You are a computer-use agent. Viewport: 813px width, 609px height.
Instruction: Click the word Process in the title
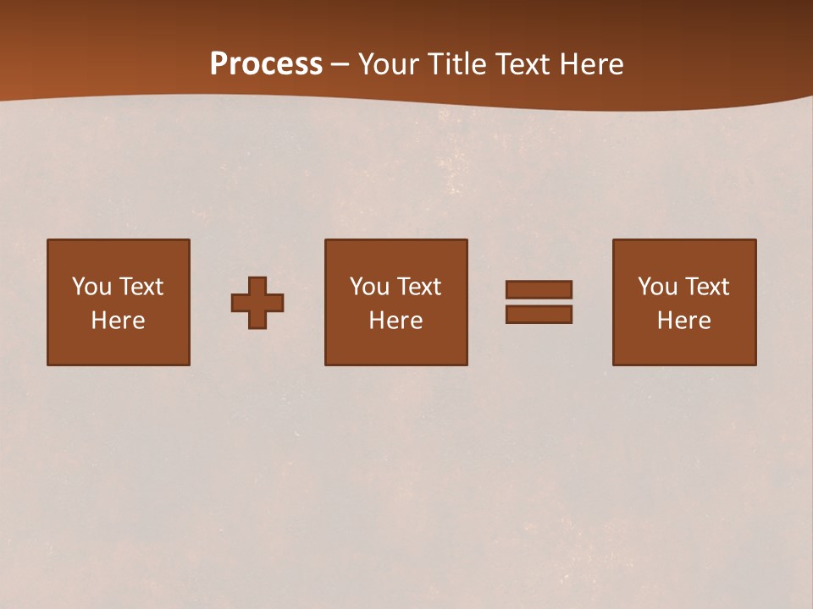(x=266, y=64)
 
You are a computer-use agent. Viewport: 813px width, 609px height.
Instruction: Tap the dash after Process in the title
(x=340, y=64)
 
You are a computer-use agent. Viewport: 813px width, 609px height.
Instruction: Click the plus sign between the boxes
(x=257, y=303)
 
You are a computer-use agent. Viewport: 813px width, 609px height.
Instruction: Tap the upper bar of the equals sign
(x=539, y=290)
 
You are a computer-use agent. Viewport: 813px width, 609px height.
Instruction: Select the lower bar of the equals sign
(x=539, y=315)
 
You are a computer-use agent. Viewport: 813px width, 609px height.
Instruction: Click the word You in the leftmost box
(x=91, y=287)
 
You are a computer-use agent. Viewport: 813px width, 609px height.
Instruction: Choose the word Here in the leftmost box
(x=118, y=321)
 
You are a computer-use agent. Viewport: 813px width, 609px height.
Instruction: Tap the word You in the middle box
(x=369, y=287)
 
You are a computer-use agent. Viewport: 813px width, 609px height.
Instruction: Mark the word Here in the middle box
(x=395, y=321)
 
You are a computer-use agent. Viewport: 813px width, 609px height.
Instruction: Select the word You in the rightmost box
(x=657, y=287)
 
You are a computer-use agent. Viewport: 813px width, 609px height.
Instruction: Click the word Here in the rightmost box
(x=683, y=321)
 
